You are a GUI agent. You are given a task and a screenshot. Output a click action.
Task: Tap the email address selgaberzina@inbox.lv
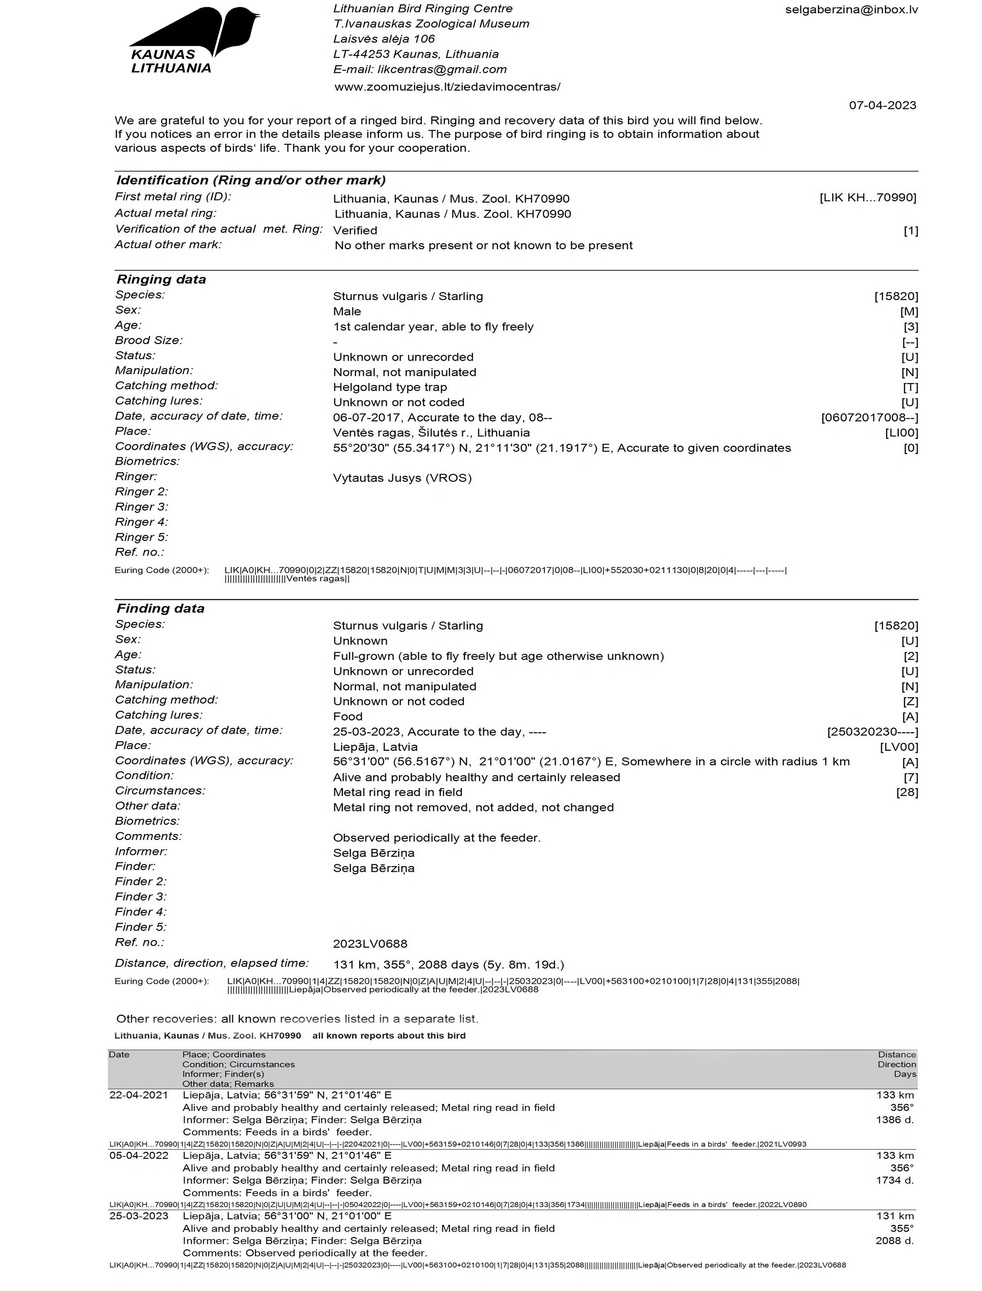(x=851, y=10)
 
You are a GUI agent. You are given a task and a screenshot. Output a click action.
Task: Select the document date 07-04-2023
(x=882, y=105)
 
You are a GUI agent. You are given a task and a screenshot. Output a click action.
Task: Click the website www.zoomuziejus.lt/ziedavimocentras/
(x=447, y=87)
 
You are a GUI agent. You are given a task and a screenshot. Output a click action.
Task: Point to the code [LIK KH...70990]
(x=867, y=197)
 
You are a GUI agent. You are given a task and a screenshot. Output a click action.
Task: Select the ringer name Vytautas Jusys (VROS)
(x=402, y=478)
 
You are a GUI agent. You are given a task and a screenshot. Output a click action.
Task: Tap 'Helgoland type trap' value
(x=390, y=388)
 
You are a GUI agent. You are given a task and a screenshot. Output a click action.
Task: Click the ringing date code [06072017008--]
(x=869, y=418)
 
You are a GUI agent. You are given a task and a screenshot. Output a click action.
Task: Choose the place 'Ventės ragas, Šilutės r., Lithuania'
(x=431, y=433)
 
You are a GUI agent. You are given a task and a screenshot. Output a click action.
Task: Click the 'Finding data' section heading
(x=160, y=608)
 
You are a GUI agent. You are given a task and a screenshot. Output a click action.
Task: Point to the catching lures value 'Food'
(x=348, y=717)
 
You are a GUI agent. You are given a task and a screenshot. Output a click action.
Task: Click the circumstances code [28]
(x=907, y=792)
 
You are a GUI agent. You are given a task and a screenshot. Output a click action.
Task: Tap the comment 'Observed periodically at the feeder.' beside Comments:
(x=436, y=838)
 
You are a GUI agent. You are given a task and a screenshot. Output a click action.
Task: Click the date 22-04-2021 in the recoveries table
(x=138, y=1095)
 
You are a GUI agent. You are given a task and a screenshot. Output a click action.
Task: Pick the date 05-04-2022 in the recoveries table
(x=138, y=1155)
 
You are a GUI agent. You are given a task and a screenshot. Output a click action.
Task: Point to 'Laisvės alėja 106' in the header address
(x=384, y=39)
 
